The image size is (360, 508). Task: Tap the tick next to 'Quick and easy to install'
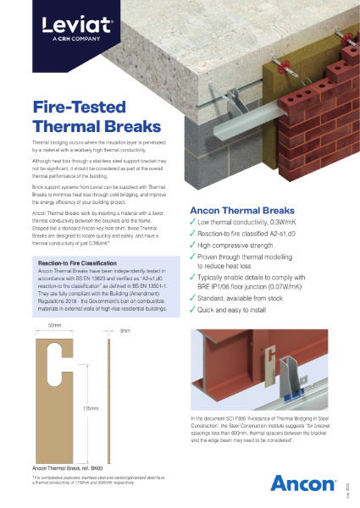(x=194, y=308)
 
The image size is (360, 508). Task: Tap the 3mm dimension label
(x=125, y=355)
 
